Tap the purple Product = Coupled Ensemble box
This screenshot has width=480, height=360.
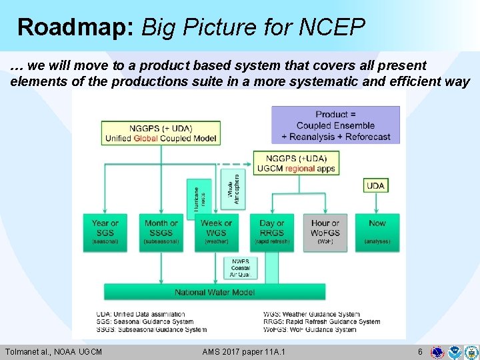pos(335,125)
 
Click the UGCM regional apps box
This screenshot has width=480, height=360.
pos(296,163)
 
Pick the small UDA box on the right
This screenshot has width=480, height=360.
pos(375,185)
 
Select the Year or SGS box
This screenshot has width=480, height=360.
pos(105,232)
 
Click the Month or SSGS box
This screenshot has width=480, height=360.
pos(161,232)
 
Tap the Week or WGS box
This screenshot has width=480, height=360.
pos(216,232)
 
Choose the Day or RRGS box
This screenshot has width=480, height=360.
pos(271,232)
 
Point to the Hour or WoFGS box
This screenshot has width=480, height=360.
pos(325,232)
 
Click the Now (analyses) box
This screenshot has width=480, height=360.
pos(377,232)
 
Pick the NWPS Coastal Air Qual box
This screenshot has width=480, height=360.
pos(239,268)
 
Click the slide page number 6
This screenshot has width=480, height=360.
pos(419,351)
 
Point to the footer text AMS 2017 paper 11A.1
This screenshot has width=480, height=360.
pos(243,351)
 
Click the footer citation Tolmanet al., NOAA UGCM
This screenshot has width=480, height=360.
pos(54,351)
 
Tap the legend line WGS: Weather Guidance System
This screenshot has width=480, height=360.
pos(311,314)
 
